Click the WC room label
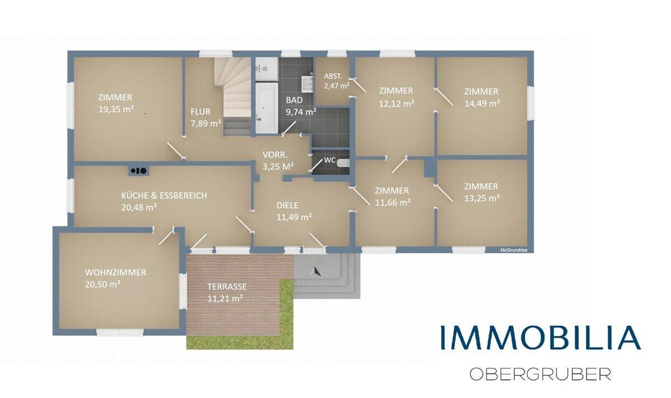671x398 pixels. [x=329, y=160]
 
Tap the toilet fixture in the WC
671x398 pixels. [x=343, y=163]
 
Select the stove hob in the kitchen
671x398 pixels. [x=139, y=170]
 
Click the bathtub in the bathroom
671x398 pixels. [x=267, y=108]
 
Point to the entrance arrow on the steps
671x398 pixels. [x=315, y=271]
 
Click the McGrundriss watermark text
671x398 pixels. [x=514, y=250]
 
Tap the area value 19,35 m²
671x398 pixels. [x=116, y=110]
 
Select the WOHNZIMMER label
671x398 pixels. [x=115, y=273]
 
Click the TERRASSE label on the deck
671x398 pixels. [x=227, y=287]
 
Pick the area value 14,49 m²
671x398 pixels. [x=482, y=103]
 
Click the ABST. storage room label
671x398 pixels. [x=333, y=77]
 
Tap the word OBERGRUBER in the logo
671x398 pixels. [x=540, y=374]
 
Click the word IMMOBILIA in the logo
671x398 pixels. [x=541, y=338]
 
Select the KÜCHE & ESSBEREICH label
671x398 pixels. [x=164, y=196]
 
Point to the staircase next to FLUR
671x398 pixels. [x=237, y=97]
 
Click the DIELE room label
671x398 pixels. [x=287, y=206]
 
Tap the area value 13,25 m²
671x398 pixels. [x=481, y=198]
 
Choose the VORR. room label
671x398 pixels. [x=275, y=155]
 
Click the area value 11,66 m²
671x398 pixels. [x=393, y=203]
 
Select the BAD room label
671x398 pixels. [x=294, y=100]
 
